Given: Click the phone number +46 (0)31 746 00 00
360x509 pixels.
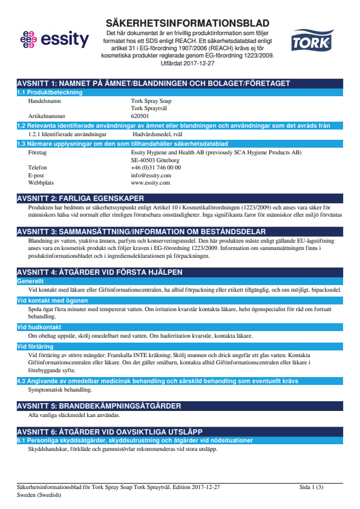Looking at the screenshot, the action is [155, 167].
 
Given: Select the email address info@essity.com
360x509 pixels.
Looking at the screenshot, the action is [151, 175].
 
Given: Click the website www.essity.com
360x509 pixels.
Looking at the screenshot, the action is [150, 182].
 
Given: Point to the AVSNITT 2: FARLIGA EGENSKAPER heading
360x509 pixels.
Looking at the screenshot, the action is [80, 198].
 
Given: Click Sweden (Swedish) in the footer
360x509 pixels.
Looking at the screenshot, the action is [39, 494].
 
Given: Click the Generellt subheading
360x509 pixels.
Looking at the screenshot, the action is [30, 281].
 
